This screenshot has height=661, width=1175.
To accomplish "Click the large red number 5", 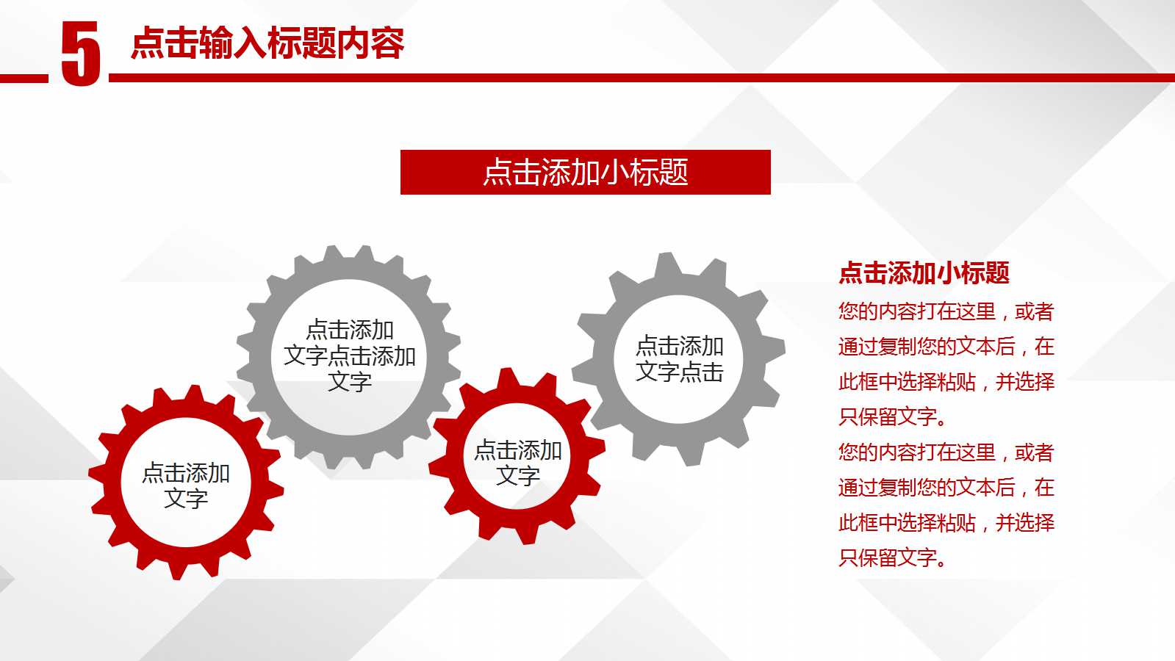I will (x=80, y=54).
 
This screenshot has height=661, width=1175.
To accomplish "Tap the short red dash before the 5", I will (x=24, y=78).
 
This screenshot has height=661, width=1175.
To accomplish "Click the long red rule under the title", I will (x=639, y=78).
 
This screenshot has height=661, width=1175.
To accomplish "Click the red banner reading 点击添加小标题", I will (x=585, y=173).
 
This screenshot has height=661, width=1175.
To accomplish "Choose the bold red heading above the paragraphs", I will (x=924, y=273).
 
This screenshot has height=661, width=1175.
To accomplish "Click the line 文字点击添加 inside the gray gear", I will (x=350, y=356).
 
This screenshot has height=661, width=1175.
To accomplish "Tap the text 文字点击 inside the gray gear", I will (x=679, y=372).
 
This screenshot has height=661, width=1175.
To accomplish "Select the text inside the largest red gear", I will (x=186, y=485).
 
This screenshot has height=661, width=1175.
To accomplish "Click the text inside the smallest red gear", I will (x=518, y=463).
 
